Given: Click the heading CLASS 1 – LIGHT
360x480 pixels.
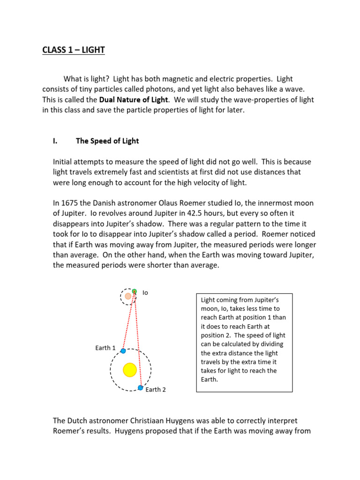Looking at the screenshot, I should point(73,50).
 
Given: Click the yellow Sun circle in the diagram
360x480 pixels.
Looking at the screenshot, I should point(130,370).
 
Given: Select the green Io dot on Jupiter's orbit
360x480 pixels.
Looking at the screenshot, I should point(134,292).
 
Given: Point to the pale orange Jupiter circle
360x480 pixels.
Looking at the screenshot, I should point(128,296).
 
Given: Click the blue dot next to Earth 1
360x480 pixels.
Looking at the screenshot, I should point(123,351).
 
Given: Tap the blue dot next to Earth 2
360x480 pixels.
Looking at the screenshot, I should point(140,388).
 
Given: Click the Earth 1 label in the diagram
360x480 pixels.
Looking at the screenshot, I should point(105,348).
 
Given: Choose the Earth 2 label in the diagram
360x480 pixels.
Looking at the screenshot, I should point(155,390).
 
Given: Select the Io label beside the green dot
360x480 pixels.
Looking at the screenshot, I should point(145,292).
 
